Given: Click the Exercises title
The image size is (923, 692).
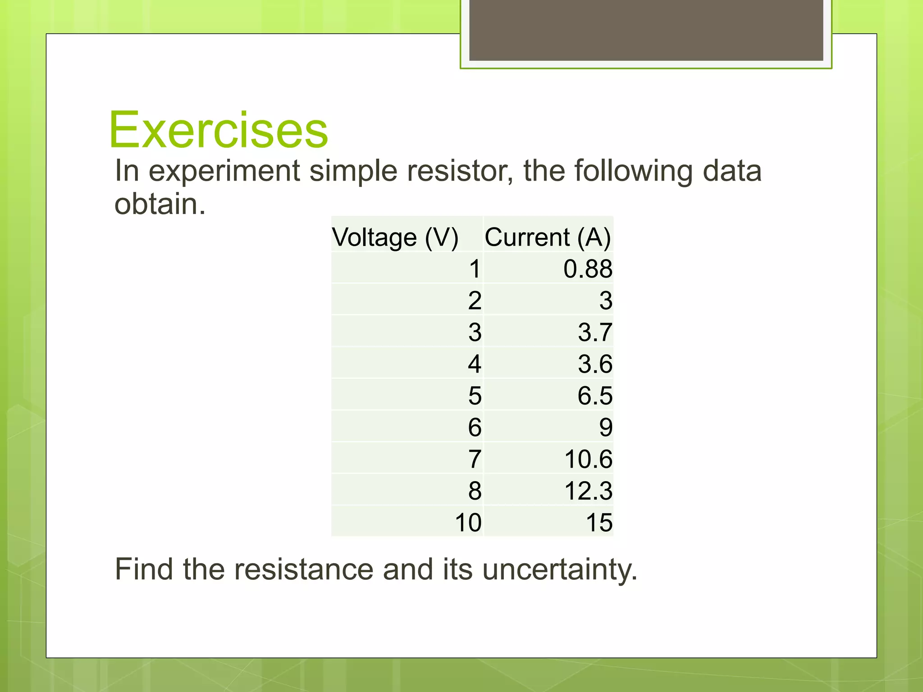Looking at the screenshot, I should point(219,130).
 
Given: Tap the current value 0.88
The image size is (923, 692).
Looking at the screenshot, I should point(588,269).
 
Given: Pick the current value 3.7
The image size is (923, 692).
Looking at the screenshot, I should point(595,332).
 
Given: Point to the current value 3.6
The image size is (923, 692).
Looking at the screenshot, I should point(595,364).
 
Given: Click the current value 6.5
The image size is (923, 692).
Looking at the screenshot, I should point(595,396).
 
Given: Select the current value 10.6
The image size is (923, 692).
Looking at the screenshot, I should point(588,460).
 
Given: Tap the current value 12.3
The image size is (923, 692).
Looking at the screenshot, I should point(588,491).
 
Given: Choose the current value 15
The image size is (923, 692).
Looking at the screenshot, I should point(599,523).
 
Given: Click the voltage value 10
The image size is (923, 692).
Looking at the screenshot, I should point(468,523).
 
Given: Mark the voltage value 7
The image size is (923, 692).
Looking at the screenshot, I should point(475,460).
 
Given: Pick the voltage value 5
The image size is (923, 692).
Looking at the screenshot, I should point(475,396).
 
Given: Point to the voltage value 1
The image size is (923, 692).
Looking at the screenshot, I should point(475,269).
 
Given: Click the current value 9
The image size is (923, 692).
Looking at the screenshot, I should point(606,428).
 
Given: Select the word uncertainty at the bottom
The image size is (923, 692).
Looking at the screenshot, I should point(559,569).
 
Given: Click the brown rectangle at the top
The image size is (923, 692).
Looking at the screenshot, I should point(646,30).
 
